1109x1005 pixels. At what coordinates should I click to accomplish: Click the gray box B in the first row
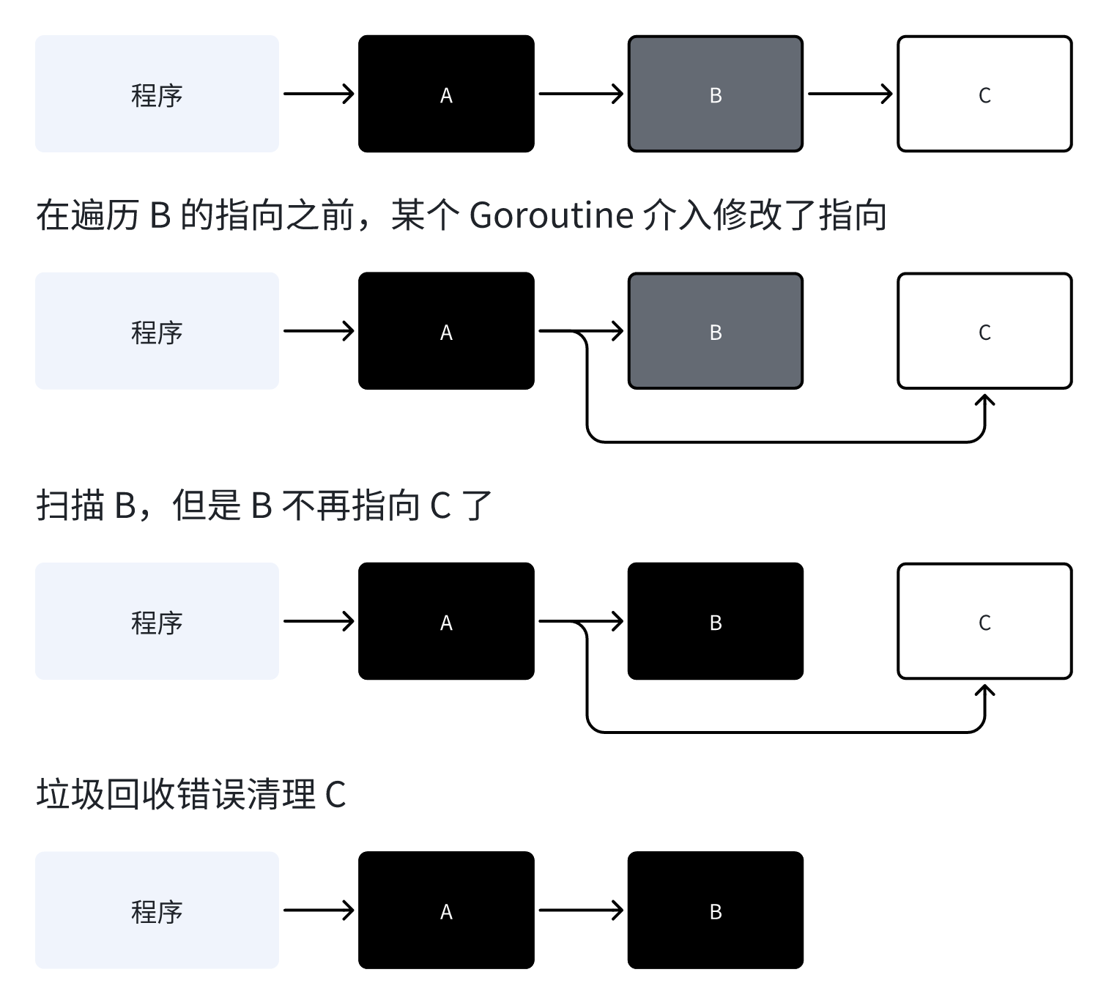pos(715,94)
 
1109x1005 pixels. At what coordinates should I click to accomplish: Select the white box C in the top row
pos(984,94)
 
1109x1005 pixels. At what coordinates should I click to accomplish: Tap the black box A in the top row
pos(446,94)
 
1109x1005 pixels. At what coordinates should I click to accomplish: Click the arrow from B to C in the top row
pos(850,94)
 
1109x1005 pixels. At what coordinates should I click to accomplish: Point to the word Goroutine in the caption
pos(551,215)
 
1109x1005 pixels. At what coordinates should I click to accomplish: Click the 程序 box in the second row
pos(157,331)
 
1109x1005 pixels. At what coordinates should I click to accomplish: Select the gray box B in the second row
pos(715,331)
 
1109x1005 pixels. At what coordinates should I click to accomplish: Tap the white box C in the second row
pos(984,331)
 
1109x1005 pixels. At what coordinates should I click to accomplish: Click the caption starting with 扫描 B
pos(264,505)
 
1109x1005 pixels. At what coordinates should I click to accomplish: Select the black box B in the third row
pos(715,621)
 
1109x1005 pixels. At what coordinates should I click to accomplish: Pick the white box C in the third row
pos(984,621)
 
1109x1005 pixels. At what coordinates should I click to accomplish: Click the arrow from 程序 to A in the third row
pos(319,621)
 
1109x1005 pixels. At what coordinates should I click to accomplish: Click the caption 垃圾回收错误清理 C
pos(190,795)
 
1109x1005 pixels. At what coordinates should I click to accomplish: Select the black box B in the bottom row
pos(715,910)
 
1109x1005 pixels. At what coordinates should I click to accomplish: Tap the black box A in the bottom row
pos(446,910)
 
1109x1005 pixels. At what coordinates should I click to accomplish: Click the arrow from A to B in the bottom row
pos(580,910)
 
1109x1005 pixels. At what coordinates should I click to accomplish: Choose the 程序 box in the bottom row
pos(157,910)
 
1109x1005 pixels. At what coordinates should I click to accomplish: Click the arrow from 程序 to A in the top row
pos(319,94)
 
